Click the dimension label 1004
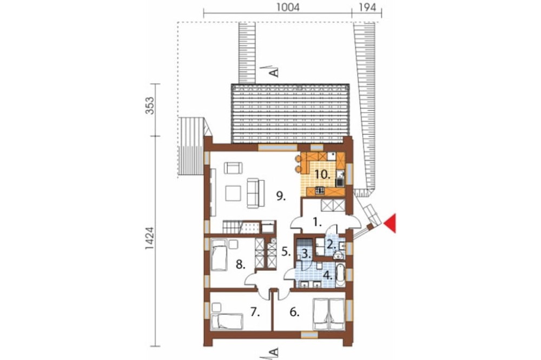click(288, 7)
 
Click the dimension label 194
click(367, 7)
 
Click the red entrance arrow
click(390, 223)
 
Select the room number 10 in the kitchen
click(322, 174)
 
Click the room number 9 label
click(281, 197)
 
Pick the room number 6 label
click(294, 312)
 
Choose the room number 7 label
click(255, 312)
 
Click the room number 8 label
click(241, 265)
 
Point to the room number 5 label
click(286, 252)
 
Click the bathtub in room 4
click(339, 276)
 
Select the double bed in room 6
click(328, 315)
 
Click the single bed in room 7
click(227, 322)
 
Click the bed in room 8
click(219, 255)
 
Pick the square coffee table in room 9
click(233, 193)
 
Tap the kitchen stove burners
click(320, 190)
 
